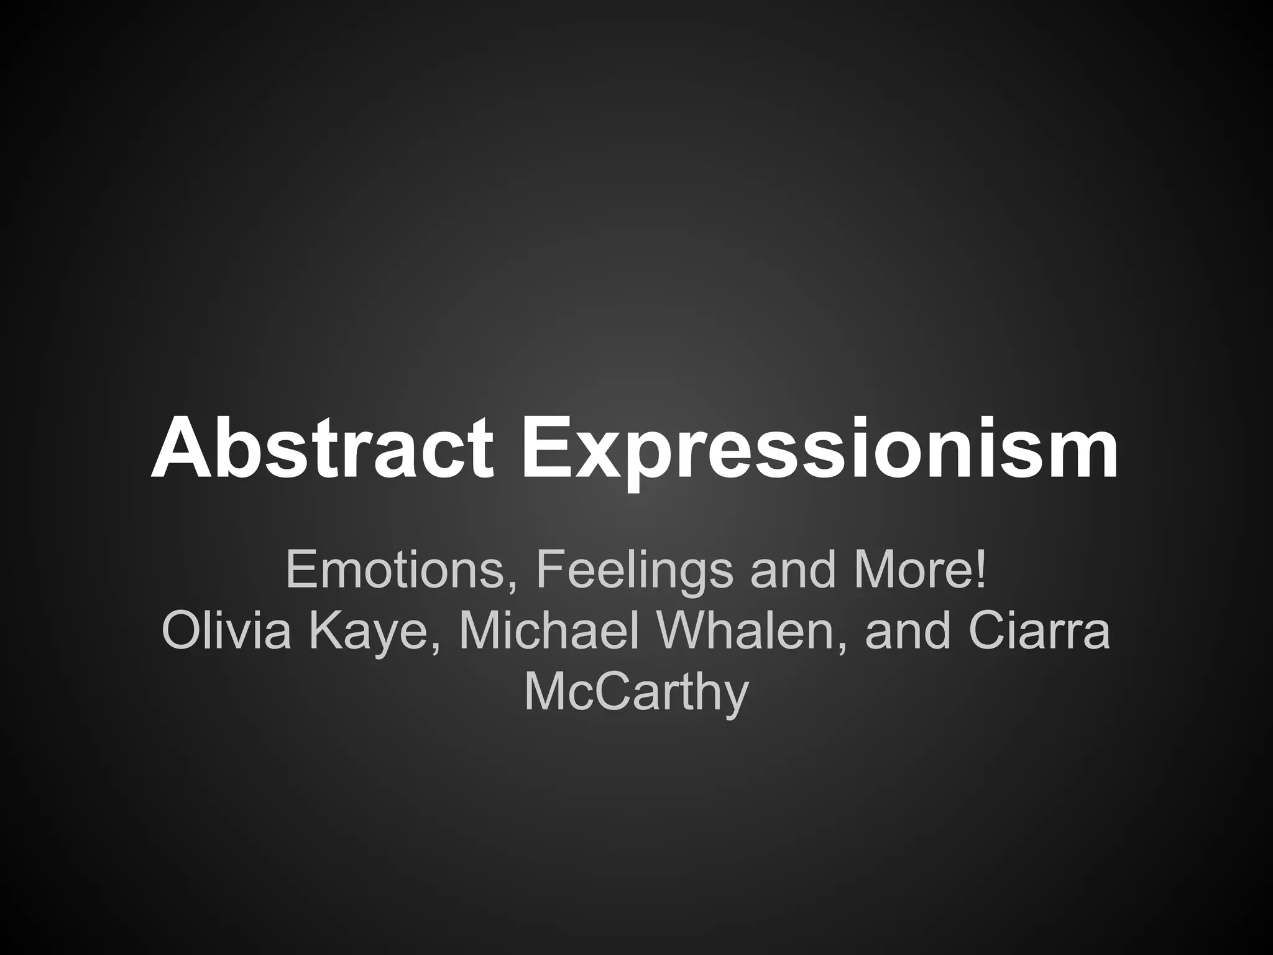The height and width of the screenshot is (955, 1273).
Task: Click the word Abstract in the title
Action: click(x=322, y=448)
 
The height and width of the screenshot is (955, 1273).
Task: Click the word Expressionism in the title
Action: click(x=820, y=448)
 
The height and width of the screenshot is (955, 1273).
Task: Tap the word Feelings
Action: click(x=634, y=570)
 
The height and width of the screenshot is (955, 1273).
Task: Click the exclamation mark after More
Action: click(x=981, y=569)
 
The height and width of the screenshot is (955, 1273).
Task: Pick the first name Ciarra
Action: click(x=1038, y=630)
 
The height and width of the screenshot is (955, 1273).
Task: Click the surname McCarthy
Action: click(x=635, y=693)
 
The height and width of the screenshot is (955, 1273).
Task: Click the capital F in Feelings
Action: click(x=549, y=570)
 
